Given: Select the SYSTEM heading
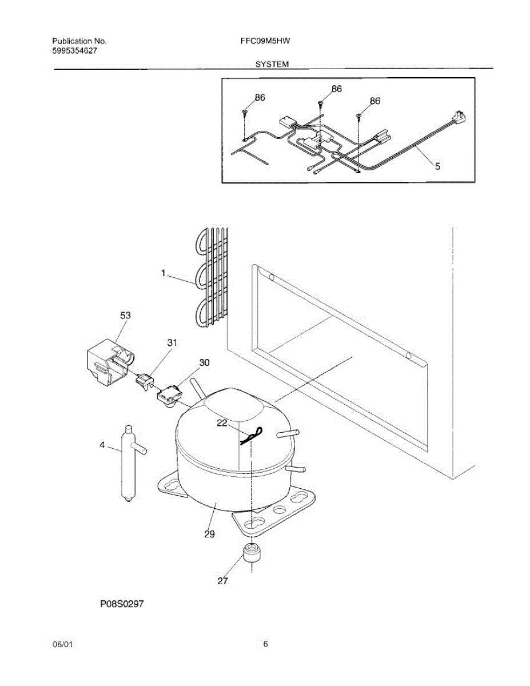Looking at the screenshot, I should click(x=272, y=65).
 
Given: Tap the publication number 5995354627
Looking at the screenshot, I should click(x=75, y=51).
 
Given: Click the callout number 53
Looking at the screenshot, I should click(x=126, y=315).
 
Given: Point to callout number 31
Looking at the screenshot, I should click(x=172, y=343).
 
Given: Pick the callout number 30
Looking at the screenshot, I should click(x=204, y=362).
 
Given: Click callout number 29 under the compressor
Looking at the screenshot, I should click(x=209, y=534).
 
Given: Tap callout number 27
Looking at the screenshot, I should click(x=222, y=581).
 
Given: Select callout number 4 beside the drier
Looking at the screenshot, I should click(x=102, y=445).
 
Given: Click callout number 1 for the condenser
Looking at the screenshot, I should click(x=163, y=274).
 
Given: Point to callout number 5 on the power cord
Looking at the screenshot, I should click(x=437, y=166).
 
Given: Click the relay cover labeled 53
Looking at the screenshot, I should click(x=109, y=365).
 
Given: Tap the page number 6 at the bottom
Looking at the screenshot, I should click(x=266, y=644).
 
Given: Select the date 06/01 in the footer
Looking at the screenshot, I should click(x=62, y=645).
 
